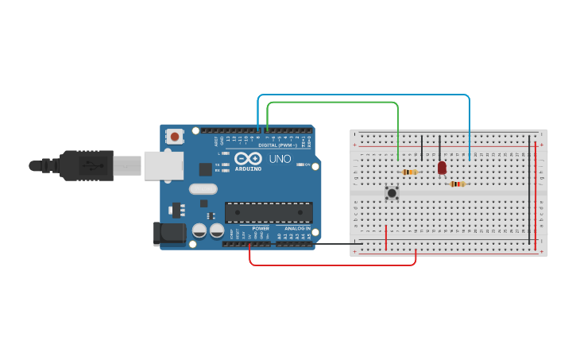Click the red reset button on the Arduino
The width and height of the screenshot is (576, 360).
[174, 137]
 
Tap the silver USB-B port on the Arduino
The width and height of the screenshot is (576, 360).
[163, 165]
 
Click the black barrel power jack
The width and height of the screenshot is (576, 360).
[169, 233]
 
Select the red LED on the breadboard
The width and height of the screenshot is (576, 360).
[442, 168]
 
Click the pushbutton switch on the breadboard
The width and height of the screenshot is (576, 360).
[392, 192]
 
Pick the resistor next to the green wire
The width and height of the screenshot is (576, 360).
[409, 172]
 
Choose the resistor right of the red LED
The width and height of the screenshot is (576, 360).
[457, 184]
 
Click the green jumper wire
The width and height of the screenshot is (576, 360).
[334, 103]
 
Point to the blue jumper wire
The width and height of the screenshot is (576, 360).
[365, 95]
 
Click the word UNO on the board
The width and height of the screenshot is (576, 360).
[280, 159]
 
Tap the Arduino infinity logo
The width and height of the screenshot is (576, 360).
[248, 158]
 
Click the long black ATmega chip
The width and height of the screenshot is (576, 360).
[269, 212]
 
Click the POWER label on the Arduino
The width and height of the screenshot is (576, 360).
[261, 228]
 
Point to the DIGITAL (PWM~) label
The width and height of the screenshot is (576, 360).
[277, 145]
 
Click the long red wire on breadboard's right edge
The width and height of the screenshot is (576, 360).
[536, 191]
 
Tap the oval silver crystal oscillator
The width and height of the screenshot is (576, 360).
[203, 189]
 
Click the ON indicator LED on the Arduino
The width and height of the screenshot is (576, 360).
[302, 165]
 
